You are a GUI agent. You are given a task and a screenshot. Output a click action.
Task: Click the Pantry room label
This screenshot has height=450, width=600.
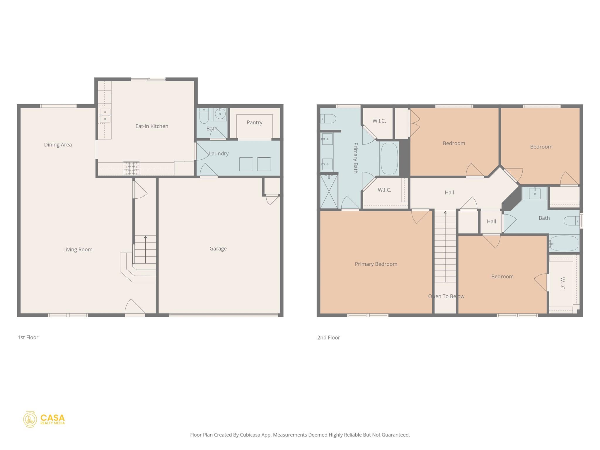click(254, 122)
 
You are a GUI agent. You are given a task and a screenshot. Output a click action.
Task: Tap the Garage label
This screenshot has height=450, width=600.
click(218, 249)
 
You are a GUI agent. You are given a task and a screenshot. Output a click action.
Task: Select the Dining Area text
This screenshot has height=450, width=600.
click(58, 145)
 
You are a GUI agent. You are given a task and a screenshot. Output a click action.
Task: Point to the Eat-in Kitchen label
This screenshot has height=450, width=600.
click(152, 126)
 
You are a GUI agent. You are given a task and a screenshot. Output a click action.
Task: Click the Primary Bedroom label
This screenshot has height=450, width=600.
click(376, 264)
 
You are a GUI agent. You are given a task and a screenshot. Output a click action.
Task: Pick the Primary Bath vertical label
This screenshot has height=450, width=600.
click(355, 158)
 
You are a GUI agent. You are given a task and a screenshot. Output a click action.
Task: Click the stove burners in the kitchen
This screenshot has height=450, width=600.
click(131, 168)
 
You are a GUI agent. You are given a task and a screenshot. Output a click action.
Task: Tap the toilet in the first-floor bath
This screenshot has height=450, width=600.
click(204, 117)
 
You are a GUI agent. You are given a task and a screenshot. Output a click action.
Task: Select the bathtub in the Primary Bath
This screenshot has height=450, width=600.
click(389, 158)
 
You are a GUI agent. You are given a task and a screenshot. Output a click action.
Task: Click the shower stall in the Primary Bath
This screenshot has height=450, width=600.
click(329, 192)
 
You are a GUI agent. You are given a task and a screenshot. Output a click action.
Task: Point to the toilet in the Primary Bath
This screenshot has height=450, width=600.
click(328, 119)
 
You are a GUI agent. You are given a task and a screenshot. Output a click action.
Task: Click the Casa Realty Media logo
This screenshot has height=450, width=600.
click(44, 419)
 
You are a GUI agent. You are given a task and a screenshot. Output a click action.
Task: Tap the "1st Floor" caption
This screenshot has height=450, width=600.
click(28, 337)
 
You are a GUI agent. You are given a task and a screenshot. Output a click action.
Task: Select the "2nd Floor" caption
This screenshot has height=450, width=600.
click(328, 337)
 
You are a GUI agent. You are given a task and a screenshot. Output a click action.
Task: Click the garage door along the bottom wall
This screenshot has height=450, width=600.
click(223, 315)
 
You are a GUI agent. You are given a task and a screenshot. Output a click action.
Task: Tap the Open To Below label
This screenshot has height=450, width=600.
click(446, 296)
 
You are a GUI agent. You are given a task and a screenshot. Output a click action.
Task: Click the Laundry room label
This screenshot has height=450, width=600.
click(219, 154)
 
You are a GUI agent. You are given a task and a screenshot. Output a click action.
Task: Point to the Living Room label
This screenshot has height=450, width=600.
click(78, 250)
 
